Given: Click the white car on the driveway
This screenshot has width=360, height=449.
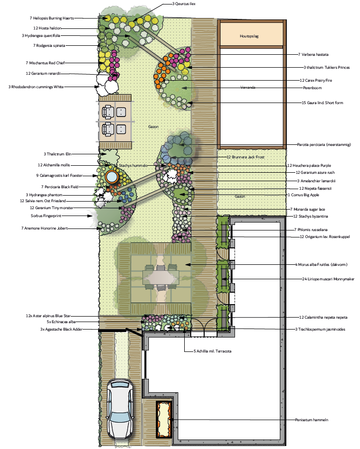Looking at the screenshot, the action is pos(120,411).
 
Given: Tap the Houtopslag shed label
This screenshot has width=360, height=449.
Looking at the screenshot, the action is pos(249,36).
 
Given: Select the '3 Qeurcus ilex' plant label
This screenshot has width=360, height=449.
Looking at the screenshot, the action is pos(184,3).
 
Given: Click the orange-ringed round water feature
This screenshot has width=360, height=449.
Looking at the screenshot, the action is pos(112,176).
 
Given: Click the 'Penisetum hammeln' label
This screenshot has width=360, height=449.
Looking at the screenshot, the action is pos(312,420).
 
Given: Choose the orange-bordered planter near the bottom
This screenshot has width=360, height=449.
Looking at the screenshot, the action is pos(164,420).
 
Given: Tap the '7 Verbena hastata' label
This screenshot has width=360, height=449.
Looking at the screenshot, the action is pos(313,54).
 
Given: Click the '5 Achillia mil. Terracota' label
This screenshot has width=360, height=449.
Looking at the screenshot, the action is pos(213,351).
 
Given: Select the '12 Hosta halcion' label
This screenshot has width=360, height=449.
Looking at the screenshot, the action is pos(47,28).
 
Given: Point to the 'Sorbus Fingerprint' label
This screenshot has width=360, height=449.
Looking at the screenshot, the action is pos(46,216).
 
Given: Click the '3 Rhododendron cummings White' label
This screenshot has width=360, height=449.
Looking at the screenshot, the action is pos(36,87).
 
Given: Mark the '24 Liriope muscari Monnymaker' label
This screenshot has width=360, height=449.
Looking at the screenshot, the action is pos(328,279).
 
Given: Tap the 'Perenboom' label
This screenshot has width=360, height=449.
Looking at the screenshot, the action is pos(313,88).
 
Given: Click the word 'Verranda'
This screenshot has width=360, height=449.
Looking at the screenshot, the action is pos(248,87).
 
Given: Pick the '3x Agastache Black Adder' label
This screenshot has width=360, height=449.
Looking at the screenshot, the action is pos(61,330).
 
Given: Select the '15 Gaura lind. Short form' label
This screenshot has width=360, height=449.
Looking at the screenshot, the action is pos(322,103).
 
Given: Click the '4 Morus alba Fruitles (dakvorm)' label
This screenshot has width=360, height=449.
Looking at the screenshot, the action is pos(321,265).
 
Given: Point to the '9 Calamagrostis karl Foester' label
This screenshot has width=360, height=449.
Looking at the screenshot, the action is pos(59,176).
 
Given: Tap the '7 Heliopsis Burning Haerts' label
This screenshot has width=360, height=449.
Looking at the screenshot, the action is pos(52,18).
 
